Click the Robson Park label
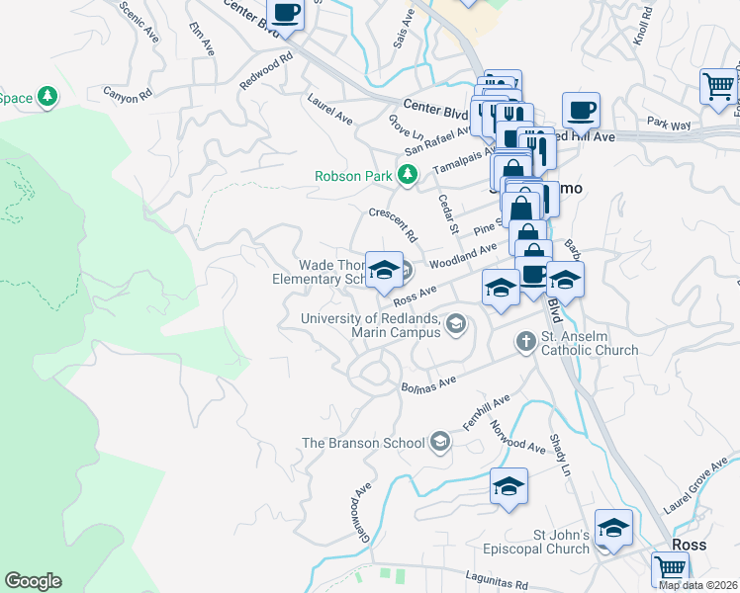click(x=353, y=176)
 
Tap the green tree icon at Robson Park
click(x=407, y=176)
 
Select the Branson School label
click(x=364, y=444)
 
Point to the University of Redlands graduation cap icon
click(x=455, y=323)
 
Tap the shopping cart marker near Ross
click(x=670, y=568)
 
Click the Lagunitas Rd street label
click(x=492, y=583)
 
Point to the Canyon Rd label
click(x=130, y=94)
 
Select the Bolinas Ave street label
click(x=427, y=381)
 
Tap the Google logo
click(x=33, y=581)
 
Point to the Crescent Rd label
click(x=392, y=224)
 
